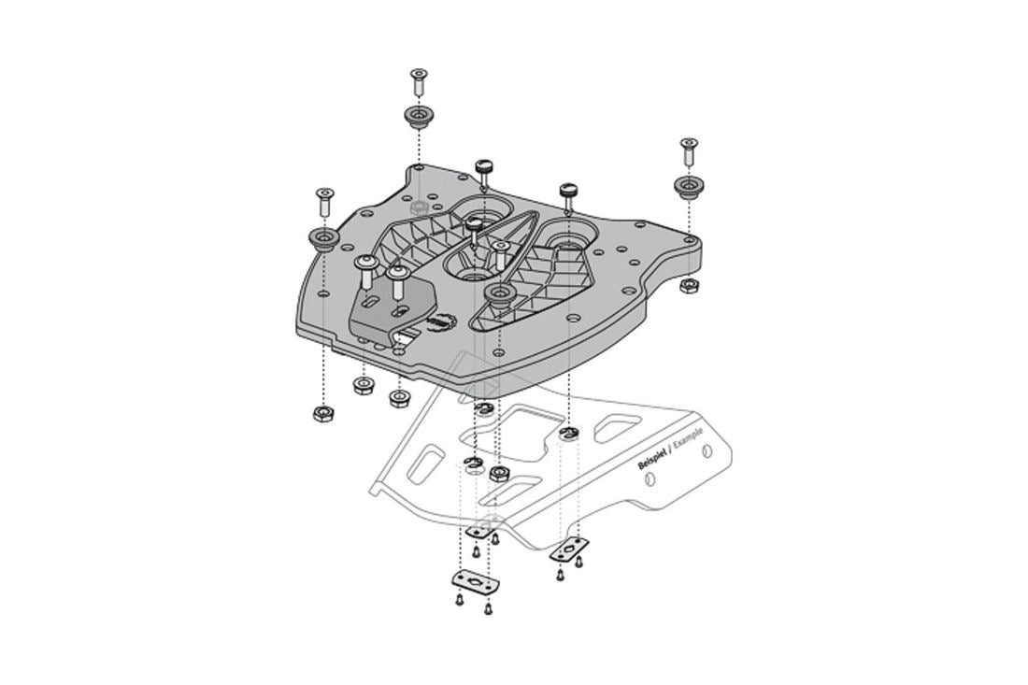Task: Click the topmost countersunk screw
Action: click(417, 79)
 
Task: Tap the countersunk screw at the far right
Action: click(688, 146)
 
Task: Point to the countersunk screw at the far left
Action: click(323, 196)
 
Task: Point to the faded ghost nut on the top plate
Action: click(419, 205)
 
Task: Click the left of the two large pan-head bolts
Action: click(366, 269)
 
